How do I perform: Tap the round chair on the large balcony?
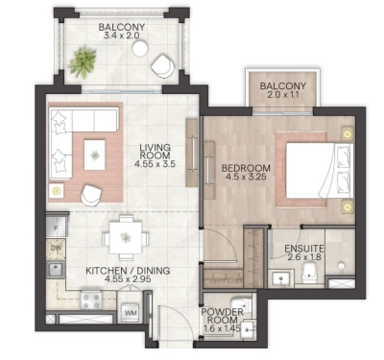tap(163, 65)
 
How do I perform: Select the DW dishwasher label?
tap(55, 249)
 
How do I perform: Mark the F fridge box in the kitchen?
tap(55, 227)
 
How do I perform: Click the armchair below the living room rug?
tap(91, 193)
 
